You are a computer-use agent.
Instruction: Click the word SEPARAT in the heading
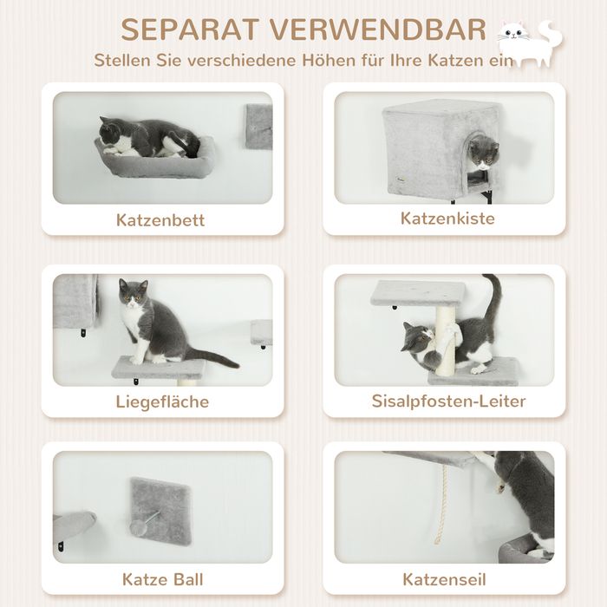(x=190, y=29)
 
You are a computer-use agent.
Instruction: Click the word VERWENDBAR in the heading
(x=378, y=29)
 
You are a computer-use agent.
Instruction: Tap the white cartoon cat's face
(x=513, y=33)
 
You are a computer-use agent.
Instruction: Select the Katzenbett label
(x=160, y=220)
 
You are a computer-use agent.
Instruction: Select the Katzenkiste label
(x=447, y=219)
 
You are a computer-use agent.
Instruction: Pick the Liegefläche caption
(x=162, y=401)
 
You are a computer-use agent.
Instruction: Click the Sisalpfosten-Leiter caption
(x=448, y=401)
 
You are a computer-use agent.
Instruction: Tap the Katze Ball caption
(x=163, y=579)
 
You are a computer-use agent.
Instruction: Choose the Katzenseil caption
(x=444, y=579)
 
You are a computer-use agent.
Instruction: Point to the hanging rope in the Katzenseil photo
(x=441, y=504)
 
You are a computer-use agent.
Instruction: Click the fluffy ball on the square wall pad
(x=138, y=527)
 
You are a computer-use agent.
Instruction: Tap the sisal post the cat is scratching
(x=446, y=341)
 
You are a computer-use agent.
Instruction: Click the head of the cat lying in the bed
(x=111, y=134)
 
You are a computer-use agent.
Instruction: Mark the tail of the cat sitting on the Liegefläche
(x=212, y=357)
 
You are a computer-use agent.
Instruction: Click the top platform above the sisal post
(x=418, y=293)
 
